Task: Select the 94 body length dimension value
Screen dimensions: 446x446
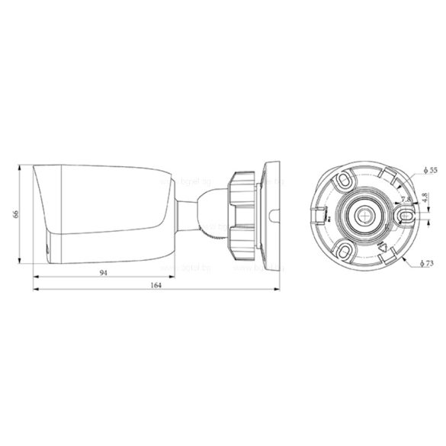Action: [x=102, y=271]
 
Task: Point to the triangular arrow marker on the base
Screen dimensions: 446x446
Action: [x=384, y=247]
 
